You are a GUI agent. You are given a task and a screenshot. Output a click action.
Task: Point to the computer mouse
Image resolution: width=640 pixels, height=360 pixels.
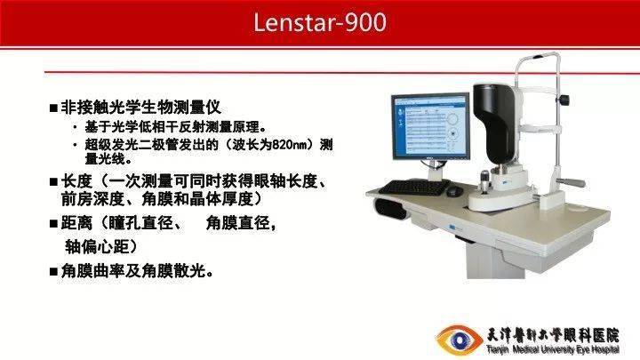click(454, 191)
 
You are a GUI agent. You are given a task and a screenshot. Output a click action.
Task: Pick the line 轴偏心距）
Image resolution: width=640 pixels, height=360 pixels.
click(100, 245)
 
